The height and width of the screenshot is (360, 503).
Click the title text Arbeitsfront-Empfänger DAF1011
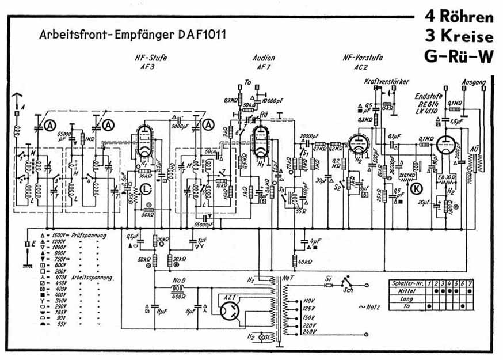pyautogui.click(x=133, y=35)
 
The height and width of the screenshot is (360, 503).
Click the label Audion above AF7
pyautogui.click(x=264, y=58)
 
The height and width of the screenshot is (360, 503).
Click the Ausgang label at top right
pyautogui.click(x=475, y=82)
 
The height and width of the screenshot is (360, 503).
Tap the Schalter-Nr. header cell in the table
pyautogui.click(x=407, y=283)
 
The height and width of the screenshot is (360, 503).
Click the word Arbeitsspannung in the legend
pyautogui.click(x=91, y=276)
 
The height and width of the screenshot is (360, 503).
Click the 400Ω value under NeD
pyautogui.click(x=178, y=296)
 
